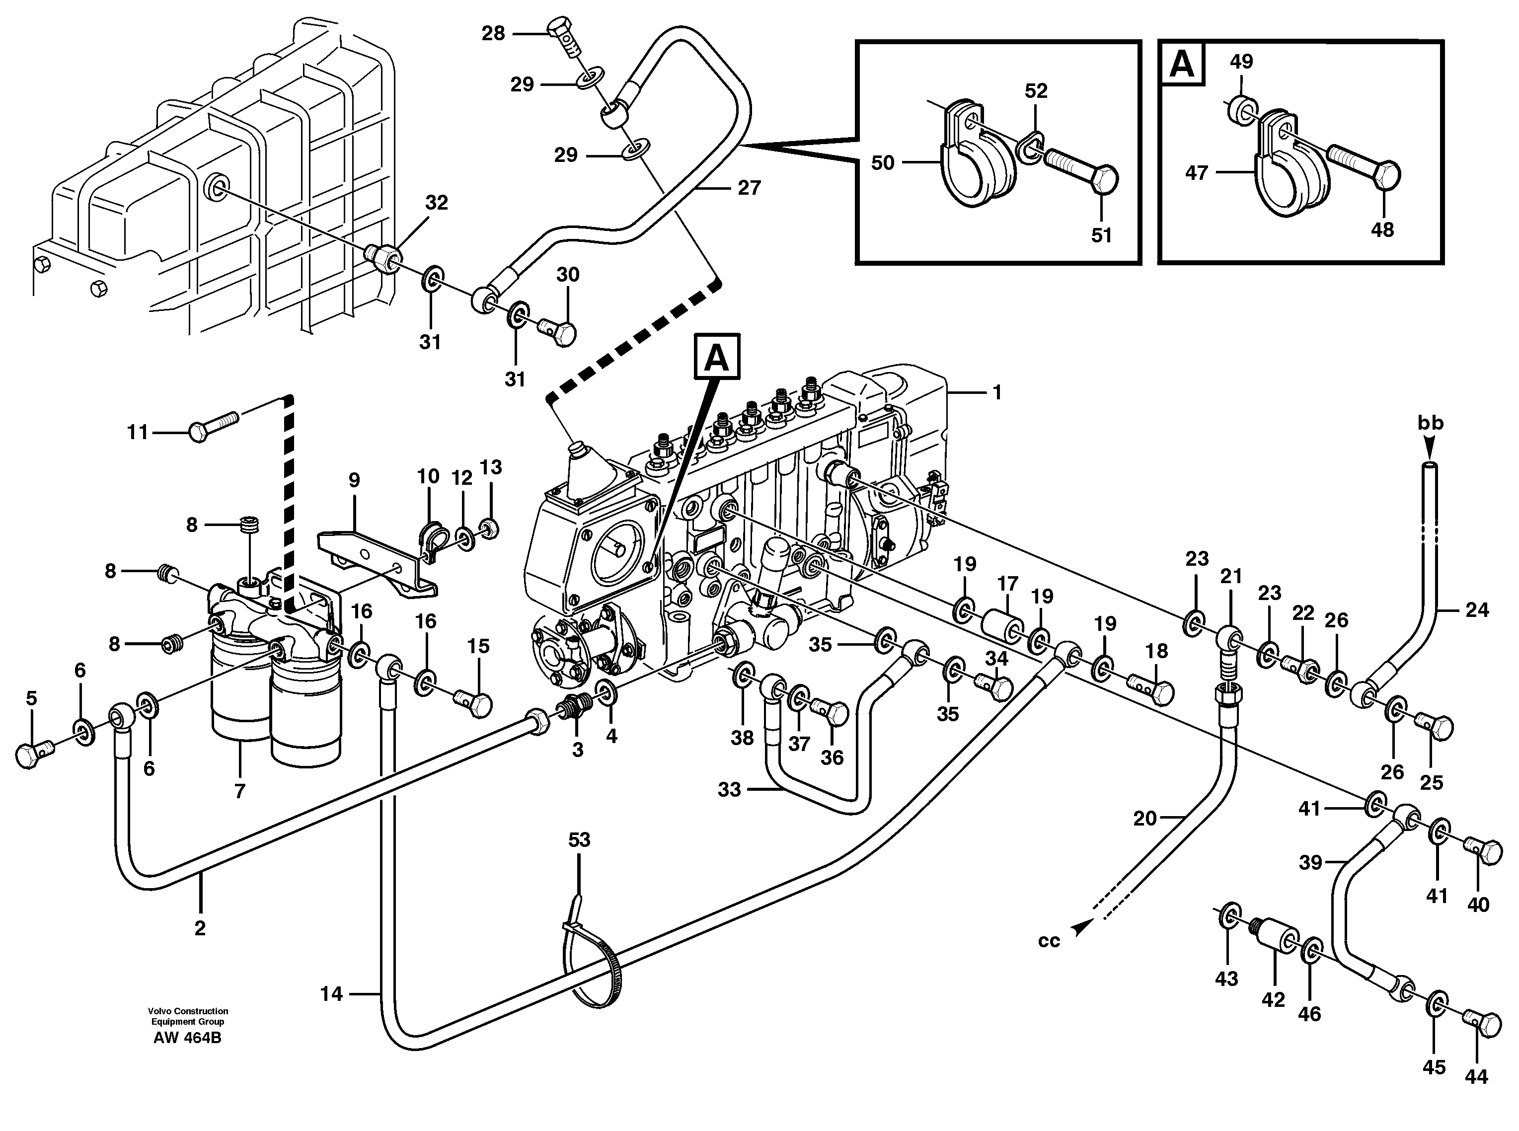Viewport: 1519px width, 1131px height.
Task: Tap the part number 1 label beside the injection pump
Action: (x=997, y=392)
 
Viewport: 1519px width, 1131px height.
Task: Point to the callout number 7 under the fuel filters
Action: (x=239, y=791)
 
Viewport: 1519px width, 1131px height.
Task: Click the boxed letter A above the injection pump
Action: (x=717, y=357)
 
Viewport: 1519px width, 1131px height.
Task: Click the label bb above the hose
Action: (x=1430, y=423)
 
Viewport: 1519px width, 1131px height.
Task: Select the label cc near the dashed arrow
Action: (x=1048, y=941)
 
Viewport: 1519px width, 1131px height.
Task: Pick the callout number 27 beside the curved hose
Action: (x=749, y=188)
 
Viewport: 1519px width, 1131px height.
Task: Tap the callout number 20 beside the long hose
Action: (x=1144, y=818)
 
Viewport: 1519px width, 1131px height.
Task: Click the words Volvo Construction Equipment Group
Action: (x=188, y=1016)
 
